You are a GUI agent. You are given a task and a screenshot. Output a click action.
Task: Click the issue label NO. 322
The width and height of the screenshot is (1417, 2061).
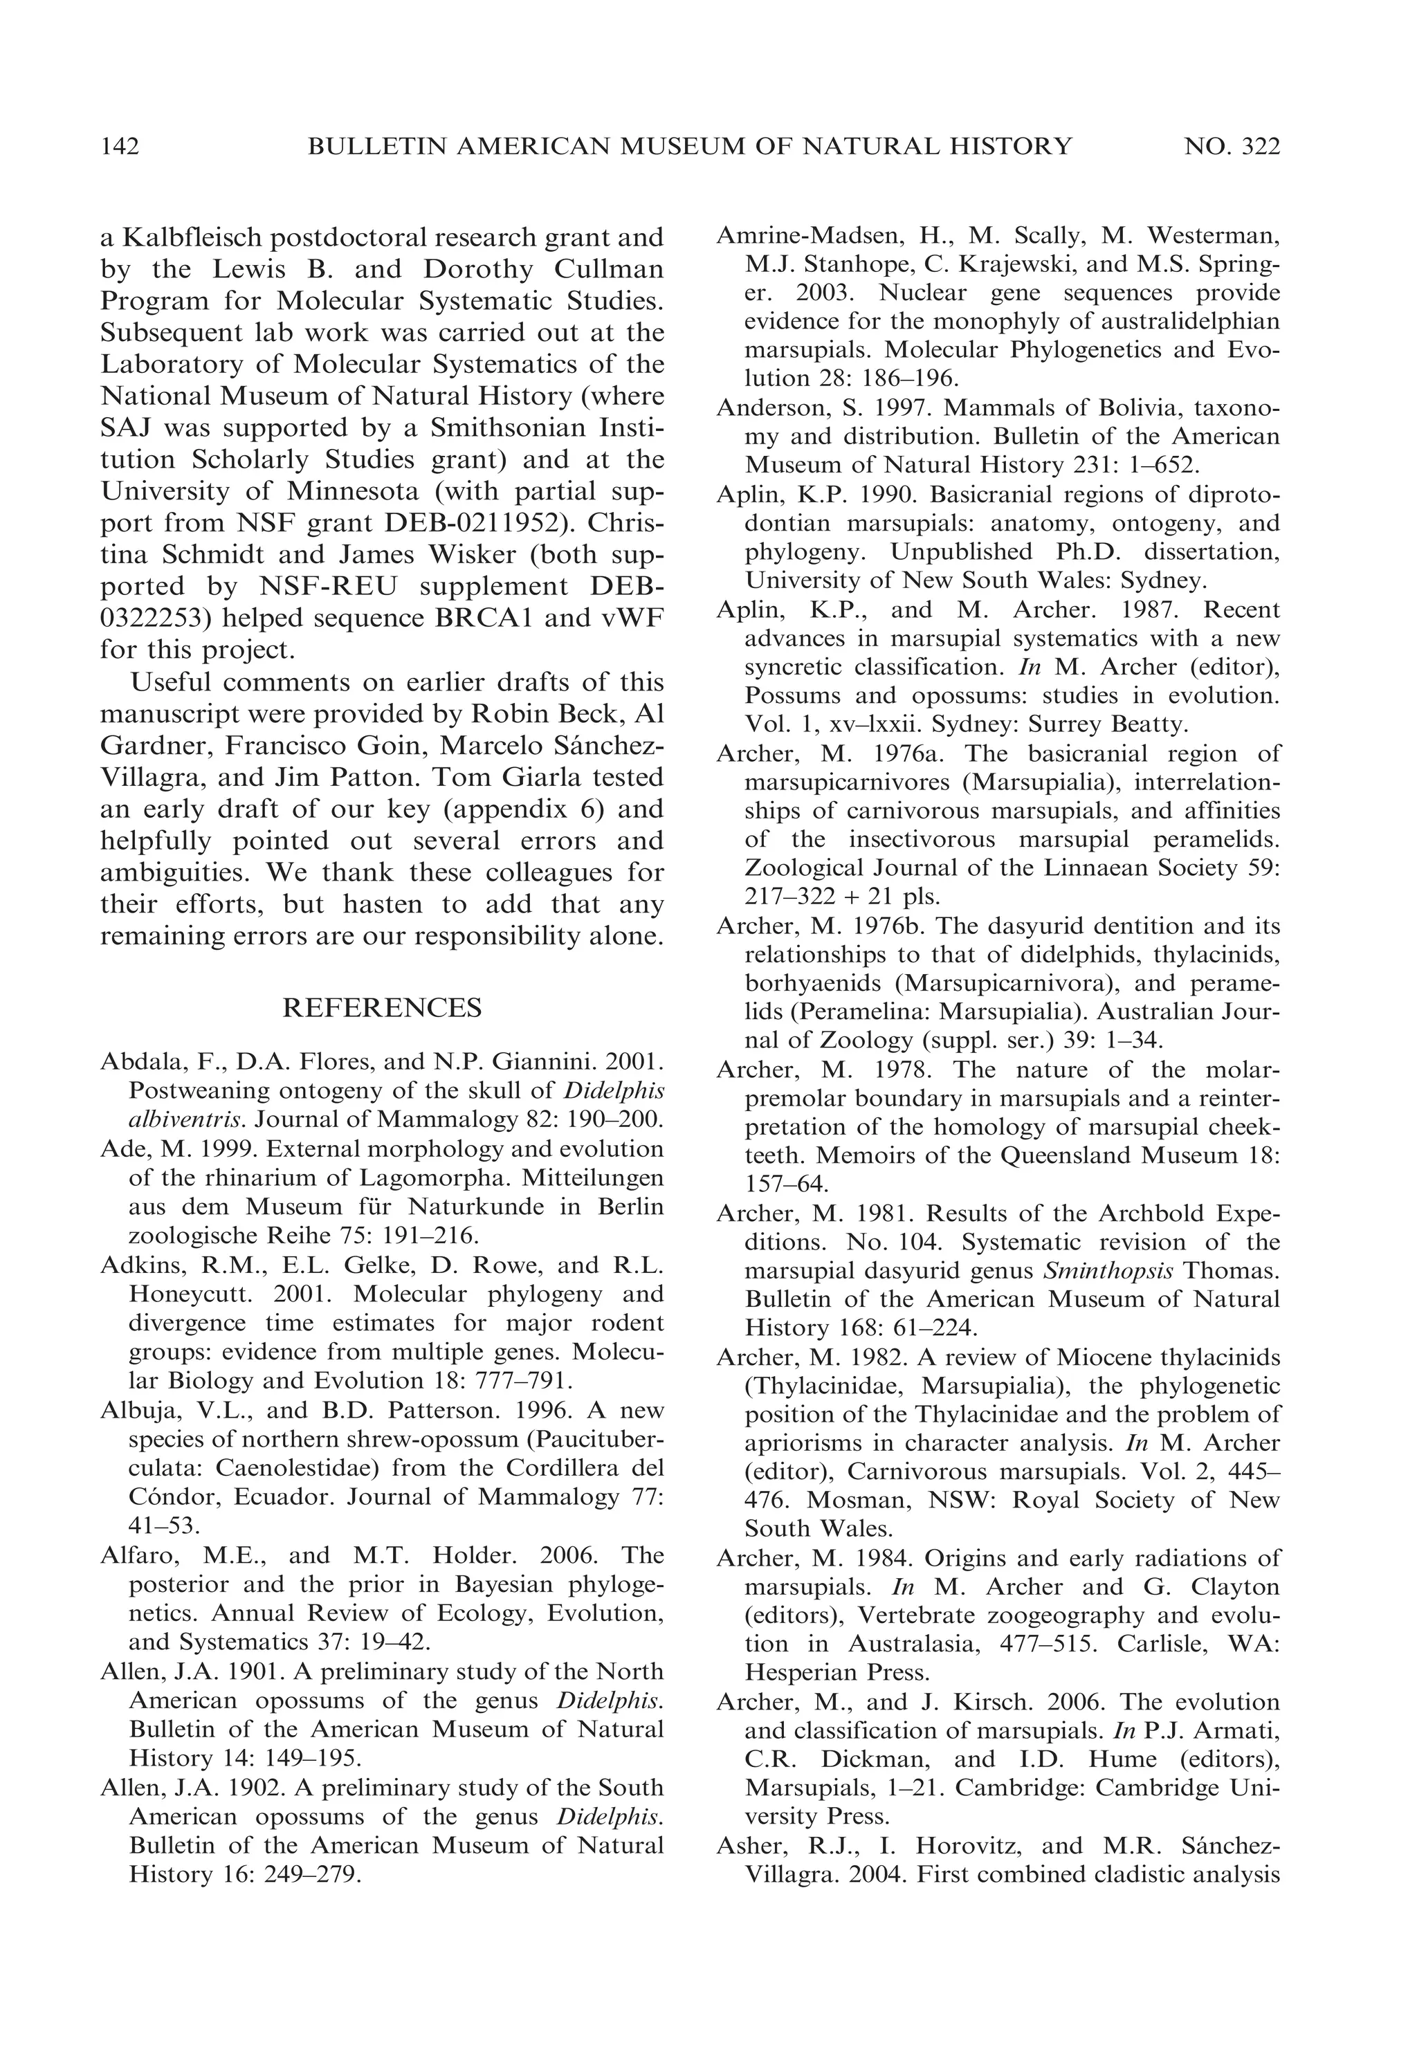(1232, 147)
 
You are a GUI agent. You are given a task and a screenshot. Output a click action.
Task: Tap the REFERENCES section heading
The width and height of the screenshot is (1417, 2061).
(382, 1007)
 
